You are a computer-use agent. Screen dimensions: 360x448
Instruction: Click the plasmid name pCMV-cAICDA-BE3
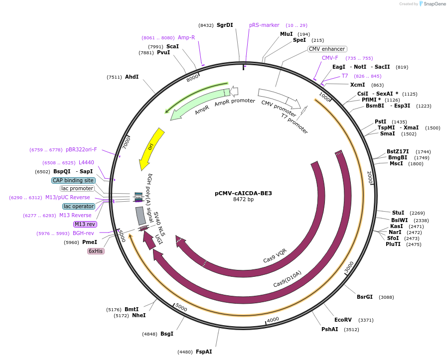click(243, 193)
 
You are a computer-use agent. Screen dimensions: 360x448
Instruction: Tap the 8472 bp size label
click(243, 200)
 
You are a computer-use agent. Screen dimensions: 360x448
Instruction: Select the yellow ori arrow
click(150, 148)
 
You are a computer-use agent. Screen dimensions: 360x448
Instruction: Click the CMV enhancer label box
click(327, 49)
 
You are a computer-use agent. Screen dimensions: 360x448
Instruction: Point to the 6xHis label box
click(96, 251)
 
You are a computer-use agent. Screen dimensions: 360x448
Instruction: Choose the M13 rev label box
click(85, 224)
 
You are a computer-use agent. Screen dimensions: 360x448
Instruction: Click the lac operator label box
click(79, 206)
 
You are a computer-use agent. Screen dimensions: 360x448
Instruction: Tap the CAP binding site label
click(73, 180)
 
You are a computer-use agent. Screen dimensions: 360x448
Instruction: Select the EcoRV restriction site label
click(343, 320)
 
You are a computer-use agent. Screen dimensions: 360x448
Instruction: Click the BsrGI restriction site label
click(364, 297)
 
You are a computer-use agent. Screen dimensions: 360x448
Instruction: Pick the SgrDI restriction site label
click(225, 25)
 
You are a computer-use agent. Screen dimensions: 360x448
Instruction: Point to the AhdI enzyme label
click(132, 77)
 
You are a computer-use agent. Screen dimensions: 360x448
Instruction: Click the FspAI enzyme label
click(204, 352)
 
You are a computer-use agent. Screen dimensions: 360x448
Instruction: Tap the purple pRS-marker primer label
click(264, 25)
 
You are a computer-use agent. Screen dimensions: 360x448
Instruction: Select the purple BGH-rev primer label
click(83, 233)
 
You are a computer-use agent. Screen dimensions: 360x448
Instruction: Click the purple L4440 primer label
click(86, 162)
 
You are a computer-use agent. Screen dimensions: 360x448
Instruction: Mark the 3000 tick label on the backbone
click(349, 267)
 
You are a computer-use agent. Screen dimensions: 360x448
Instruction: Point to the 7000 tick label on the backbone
click(126, 142)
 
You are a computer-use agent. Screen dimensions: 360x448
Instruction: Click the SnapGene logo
click(432, 4)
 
